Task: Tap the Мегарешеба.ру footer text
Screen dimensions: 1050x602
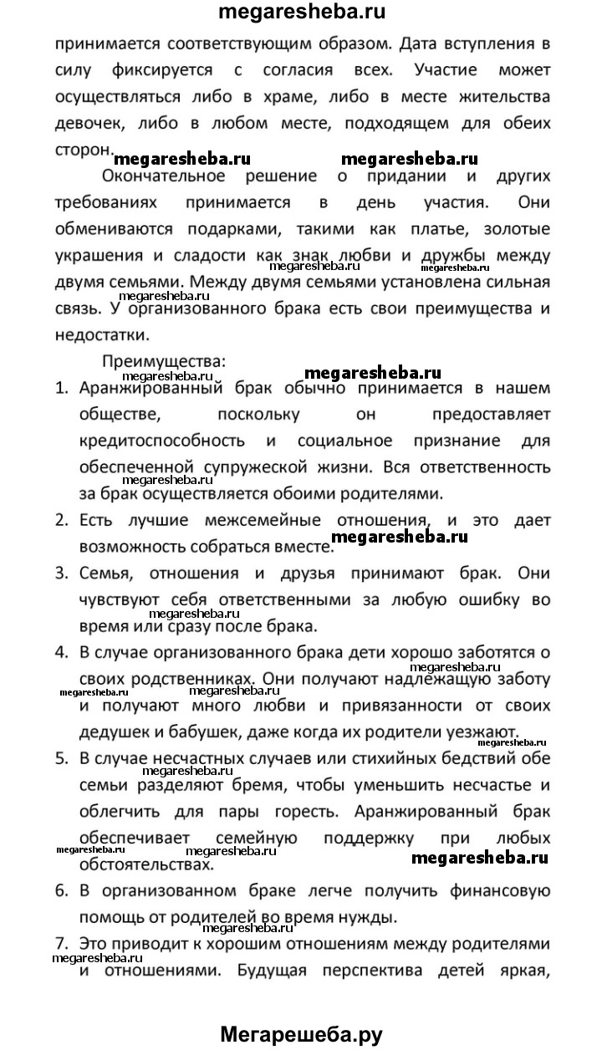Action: [301, 1034]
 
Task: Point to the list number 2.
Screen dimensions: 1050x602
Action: [61, 519]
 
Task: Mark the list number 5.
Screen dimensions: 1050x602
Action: [61, 759]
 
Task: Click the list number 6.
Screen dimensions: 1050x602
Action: [61, 889]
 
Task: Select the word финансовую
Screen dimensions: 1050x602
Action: [486, 889]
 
